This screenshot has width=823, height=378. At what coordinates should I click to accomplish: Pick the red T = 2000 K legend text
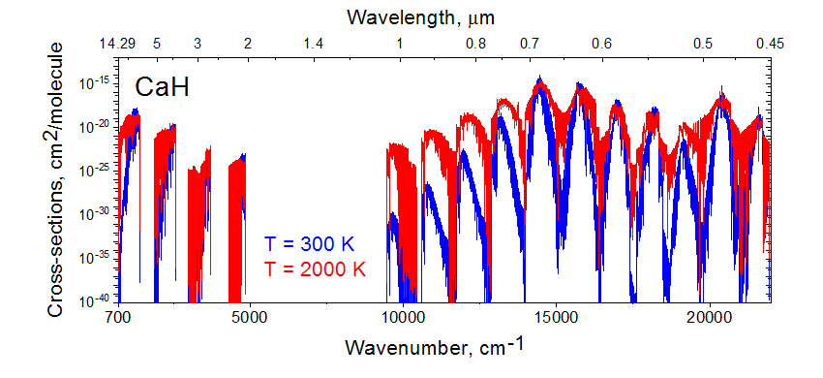click(315, 268)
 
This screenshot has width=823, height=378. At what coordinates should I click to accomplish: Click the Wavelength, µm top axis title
click(421, 18)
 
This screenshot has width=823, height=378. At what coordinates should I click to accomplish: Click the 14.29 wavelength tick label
click(117, 45)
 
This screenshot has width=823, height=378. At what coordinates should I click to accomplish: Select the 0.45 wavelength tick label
click(770, 45)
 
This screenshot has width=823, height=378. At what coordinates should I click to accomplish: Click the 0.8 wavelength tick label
click(475, 45)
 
